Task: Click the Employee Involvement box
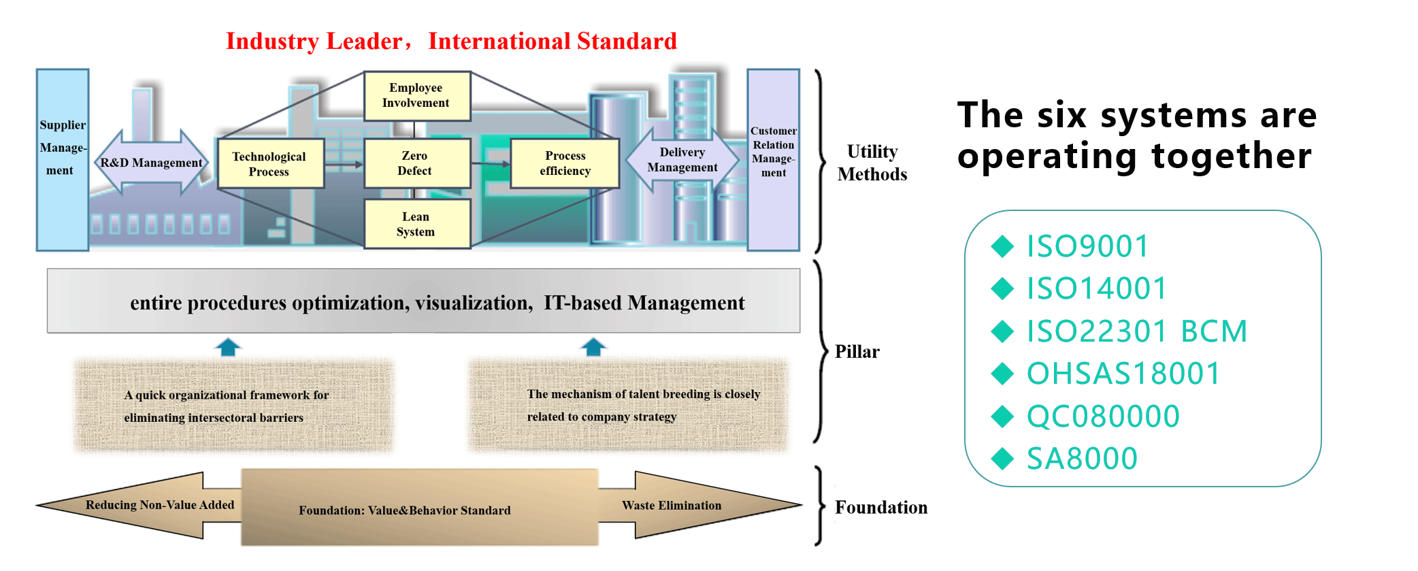click(x=416, y=96)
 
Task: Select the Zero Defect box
click(x=416, y=163)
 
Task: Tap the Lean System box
click(x=416, y=224)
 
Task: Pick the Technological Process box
click(x=269, y=164)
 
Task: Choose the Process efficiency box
click(x=565, y=163)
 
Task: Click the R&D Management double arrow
click(x=151, y=163)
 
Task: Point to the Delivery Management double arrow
click(x=682, y=160)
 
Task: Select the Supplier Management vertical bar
click(x=62, y=160)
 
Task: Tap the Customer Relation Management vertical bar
click(x=773, y=160)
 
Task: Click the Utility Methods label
click(x=872, y=163)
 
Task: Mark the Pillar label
click(x=857, y=352)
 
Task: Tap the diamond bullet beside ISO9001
click(x=1002, y=246)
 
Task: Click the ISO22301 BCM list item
click(x=1136, y=331)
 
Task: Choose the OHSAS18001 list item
click(x=1123, y=374)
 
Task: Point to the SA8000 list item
click(x=1082, y=459)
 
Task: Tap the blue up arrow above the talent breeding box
click(x=593, y=347)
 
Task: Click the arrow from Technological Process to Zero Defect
click(x=344, y=165)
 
